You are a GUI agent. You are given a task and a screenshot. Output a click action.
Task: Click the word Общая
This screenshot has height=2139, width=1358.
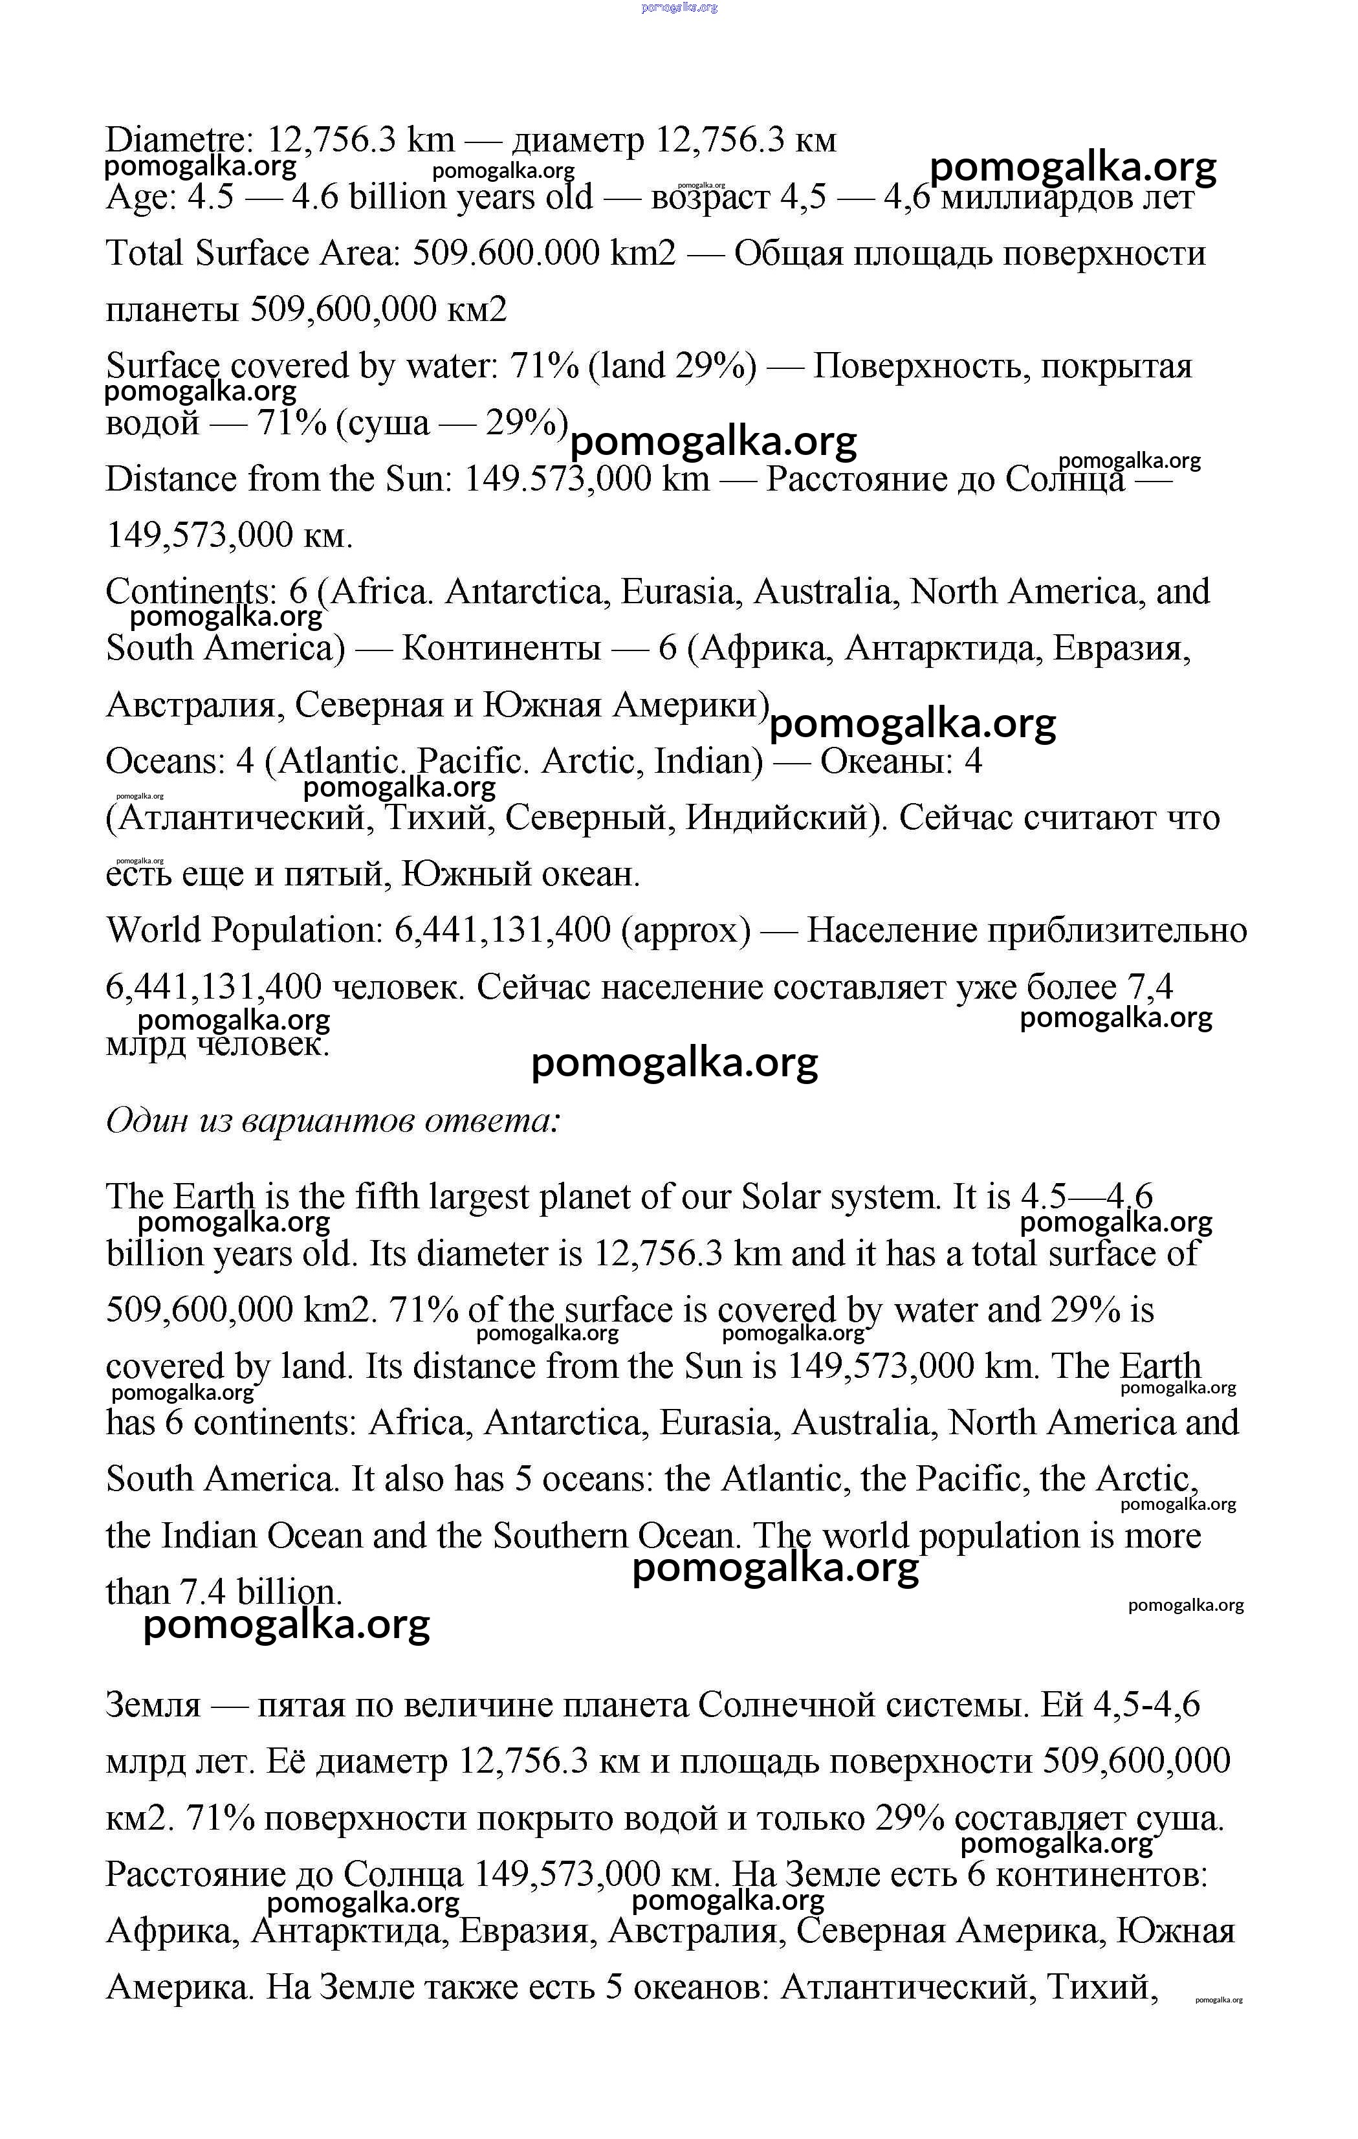point(786,254)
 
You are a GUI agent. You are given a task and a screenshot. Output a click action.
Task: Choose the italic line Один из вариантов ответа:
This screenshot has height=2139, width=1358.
point(333,1121)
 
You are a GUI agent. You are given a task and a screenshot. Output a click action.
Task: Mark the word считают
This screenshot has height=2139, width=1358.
point(1091,818)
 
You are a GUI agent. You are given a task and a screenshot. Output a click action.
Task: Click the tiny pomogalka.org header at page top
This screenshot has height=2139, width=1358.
point(679,7)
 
